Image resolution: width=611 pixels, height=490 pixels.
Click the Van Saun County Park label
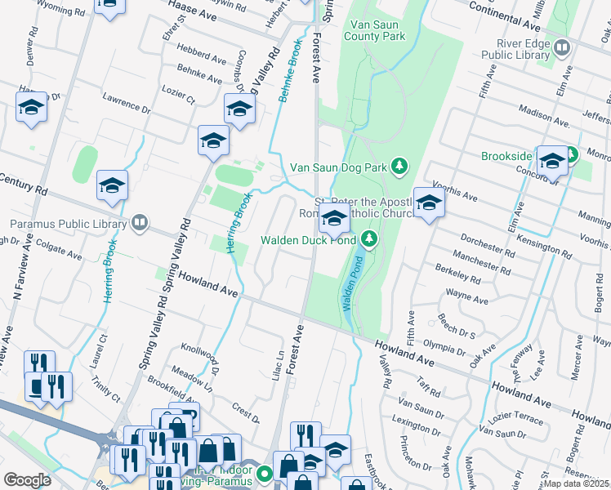tap(374, 30)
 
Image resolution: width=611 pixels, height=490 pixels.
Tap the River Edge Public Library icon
tap(561, 47)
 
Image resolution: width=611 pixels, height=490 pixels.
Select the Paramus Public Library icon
tap(140, 223)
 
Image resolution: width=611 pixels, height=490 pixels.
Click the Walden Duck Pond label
tap(308, 240)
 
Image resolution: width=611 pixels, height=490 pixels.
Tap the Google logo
tap(27, 480)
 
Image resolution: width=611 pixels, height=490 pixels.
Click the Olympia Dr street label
tap(444, 345)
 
